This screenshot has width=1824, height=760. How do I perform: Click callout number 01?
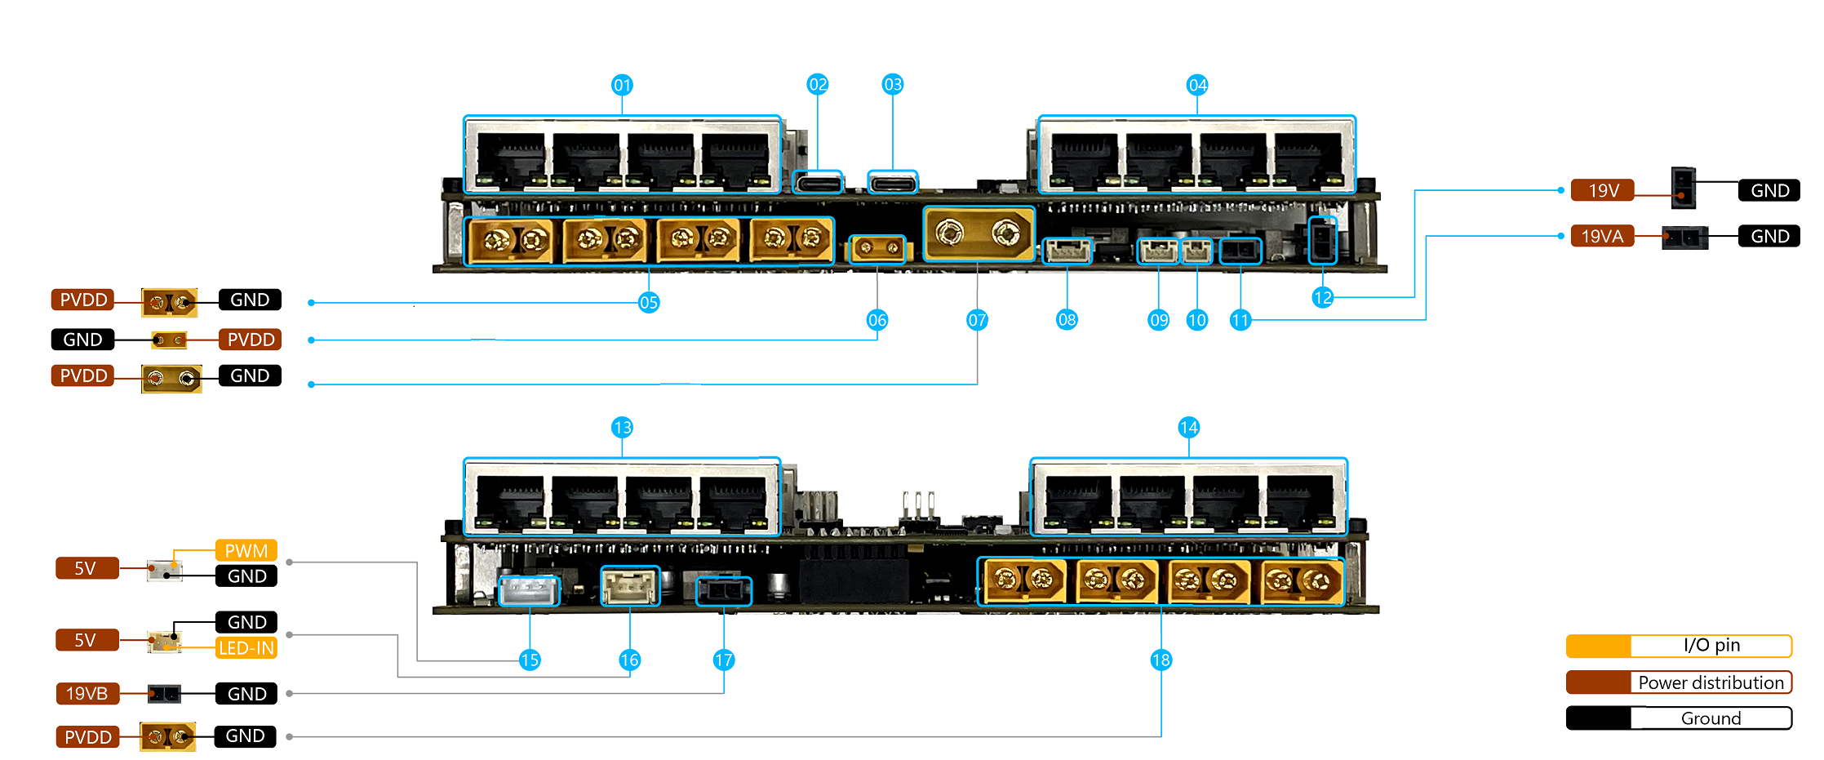(x=622, y=85)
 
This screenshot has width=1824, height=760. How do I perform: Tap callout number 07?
(x=977, y=320)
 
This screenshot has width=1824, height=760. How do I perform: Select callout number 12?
(x=1322, y=298)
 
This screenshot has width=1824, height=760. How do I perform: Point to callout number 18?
(x=1161, y=660)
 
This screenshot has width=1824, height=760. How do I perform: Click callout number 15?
(x=530, y=660)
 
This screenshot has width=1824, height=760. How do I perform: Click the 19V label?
(x=1603, y=190)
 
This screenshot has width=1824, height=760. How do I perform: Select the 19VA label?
(x=1602, y=237)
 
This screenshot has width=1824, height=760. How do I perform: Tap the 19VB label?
(x=87, y=694)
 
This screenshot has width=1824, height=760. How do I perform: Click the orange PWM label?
(x=246, y=551)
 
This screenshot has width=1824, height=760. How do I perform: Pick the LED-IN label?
(x=246, y=648)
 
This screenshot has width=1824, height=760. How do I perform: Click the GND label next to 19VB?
(x=246, y=694)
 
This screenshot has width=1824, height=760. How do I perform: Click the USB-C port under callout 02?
(x=817, y=182)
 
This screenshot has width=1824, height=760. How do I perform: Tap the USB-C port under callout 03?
(x=893, y=182)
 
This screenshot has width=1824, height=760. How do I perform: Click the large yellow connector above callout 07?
(x=979, y=234)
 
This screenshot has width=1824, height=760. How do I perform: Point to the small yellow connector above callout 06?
(x=877, y=248)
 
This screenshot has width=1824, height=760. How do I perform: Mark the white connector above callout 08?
(x=1067, y=251)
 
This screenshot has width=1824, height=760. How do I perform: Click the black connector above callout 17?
(x=724, y=590)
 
